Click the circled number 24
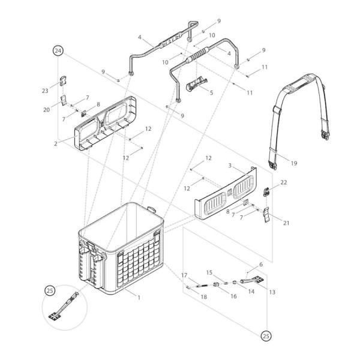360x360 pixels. click(x=58, y=52)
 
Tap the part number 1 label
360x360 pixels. click(x=139, y=298)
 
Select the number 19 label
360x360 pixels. click(x=293, y=163)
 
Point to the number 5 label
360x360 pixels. click(x=211, y=92)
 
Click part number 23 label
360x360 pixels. click(x=45, y=91)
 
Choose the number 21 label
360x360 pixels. click(x=286, y=223)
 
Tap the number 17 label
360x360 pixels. click(x=185, y=275)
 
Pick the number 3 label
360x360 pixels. click(x=229, y=164)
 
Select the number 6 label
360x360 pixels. click(x=261, y=264)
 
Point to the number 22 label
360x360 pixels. click(x=284, y=182)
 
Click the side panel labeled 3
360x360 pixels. click(x=225, y=195)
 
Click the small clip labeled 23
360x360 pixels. click(x=62, y=82)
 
